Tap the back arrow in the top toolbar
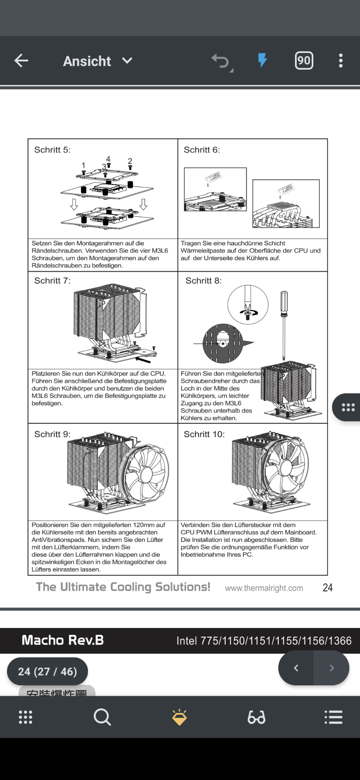(x=21, y=61)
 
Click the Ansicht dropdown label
(x=87, y=61)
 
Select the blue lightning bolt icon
(x=262, y=60)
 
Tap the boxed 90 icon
(x=304, y=61)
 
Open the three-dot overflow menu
(x=341, y=61)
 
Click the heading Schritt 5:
(x=52, y=150)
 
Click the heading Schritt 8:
(x=203, y=281)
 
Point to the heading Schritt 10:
(x=204, y=435)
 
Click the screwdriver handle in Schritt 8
(x=284, y=303)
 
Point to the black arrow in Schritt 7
(x=143, y=359)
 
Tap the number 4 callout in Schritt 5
(x=108, y=159)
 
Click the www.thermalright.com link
(x=264, y=588)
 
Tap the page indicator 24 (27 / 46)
(x=47, y=671)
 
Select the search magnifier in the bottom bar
(x=102, y=717)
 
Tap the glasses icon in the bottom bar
(x=256, y=717)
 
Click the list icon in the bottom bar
(x=333, y=717)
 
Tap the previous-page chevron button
(x=296, y=668)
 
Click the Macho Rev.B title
(x=62, y=640)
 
